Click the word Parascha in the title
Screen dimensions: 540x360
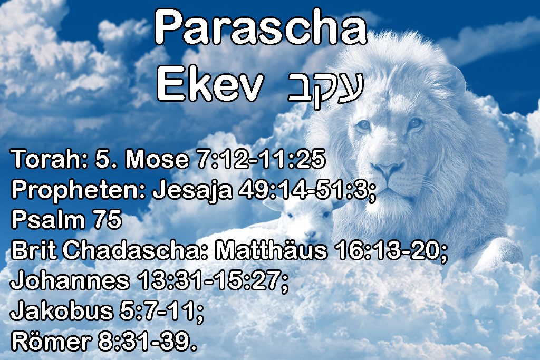[x=261, y=27]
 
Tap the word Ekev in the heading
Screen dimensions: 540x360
[x=210, y=84]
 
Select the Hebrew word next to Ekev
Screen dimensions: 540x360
[x=326, y=89]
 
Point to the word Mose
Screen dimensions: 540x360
[x=157, y=159]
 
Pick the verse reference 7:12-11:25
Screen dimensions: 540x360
[x=261, y=159]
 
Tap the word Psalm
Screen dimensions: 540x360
[x=48, y=220]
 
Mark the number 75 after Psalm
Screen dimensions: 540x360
[x=108, y=220]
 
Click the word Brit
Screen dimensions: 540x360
[x=34, y=250]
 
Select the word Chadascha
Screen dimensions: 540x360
[x=136, y=250]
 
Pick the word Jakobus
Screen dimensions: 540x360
[x=62, y=310]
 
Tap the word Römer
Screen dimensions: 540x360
[x=51, y=340]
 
